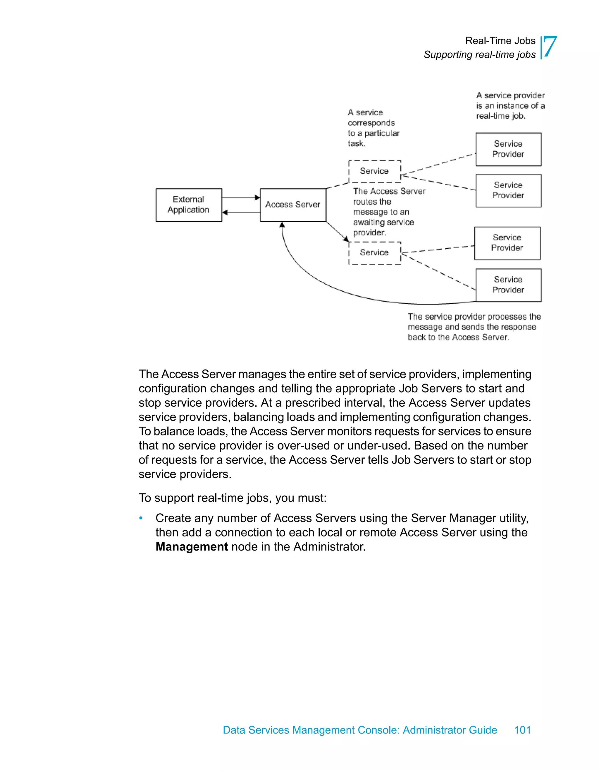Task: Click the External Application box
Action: tap(189, 205)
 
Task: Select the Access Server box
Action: tap(293, 205)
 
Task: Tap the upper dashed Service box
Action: tap(374, 172)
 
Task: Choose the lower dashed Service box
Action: tap(374, 253)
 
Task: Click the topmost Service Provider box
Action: tap(508, 149)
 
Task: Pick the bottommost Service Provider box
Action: tap(508, 285)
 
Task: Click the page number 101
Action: tap(522, 730)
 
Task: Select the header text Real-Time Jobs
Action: tap(500, 41)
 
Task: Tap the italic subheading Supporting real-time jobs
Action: tap(479, 55)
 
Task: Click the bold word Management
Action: tap(192, 546)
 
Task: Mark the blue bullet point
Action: tap(141, 518)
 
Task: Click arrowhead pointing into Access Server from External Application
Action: tap(257, 198)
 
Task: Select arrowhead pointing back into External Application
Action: tap(225, 213)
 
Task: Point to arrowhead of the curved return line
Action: tap(282, 225)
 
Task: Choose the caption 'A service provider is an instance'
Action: tap(510, 105)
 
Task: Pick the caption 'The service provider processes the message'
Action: tap(474, 327)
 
